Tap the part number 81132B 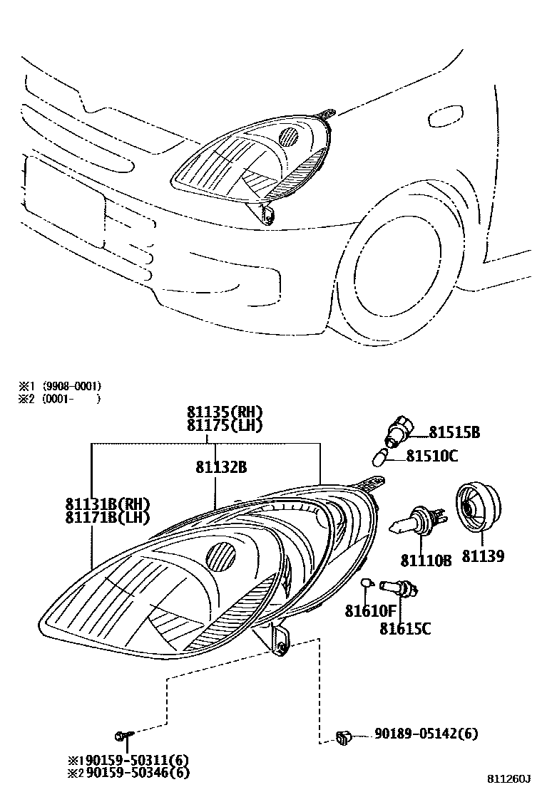221,467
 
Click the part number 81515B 454,432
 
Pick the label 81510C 432,456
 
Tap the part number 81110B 426,561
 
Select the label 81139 483,556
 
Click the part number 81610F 370,610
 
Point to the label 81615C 405,628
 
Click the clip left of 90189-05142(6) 343,737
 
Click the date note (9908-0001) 72,386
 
